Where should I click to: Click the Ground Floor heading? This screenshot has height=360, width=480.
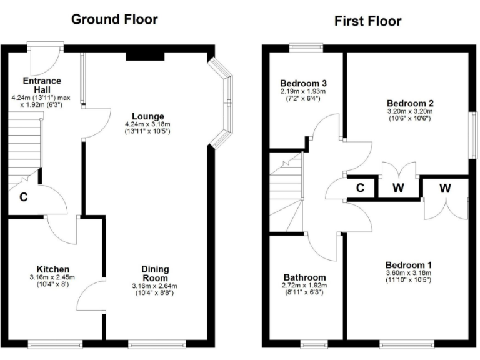point(114,19)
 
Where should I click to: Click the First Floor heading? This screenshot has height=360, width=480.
point(367,21)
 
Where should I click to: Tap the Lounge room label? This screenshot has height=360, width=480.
point(147,116)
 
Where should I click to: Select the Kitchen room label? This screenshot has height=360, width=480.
point(52,269)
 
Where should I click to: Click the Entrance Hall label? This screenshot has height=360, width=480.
point(42,84)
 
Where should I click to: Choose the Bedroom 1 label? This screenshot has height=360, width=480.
point(408,264)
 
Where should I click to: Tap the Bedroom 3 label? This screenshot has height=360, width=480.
point(304,83)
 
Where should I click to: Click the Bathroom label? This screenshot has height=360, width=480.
point(304,277)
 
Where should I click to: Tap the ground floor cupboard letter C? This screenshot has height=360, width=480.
point(23,198)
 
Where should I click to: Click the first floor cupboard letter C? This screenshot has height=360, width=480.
point(360,187)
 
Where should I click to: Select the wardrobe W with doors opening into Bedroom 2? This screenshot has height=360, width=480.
point(398,187)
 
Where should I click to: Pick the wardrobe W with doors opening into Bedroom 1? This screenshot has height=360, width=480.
point(445,187)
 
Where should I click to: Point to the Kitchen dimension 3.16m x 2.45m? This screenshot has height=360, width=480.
point(52,277)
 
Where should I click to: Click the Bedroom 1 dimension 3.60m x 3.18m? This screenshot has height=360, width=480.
point(408,273)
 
